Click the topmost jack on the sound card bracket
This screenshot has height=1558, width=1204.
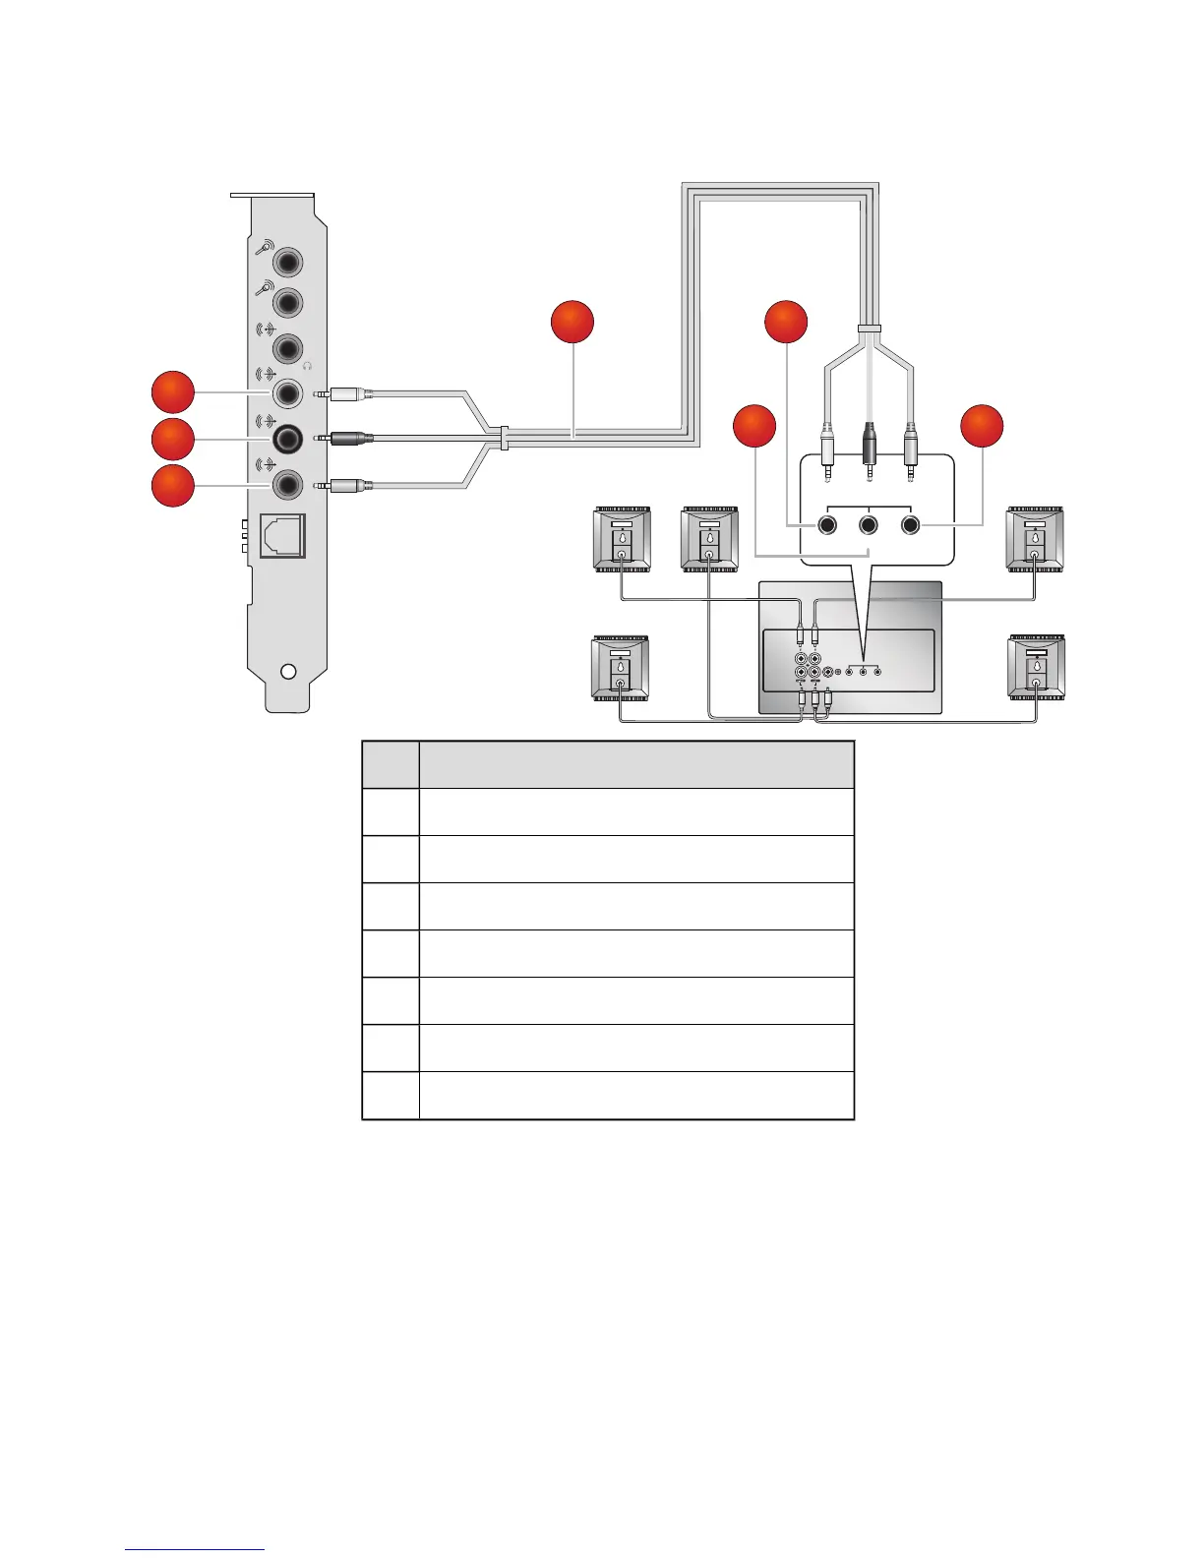[x=287, y=263]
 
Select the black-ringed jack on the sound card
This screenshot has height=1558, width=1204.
[x=287, y=438]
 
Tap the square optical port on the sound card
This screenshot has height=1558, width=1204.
[x=284, y=536]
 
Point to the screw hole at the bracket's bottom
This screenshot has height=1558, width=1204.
[x=288, y=672]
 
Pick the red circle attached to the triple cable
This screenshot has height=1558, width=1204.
[x=572, y=324]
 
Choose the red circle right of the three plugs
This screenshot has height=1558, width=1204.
[x=982, y=426]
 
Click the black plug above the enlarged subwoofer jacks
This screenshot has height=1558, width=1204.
[x=869, y=446]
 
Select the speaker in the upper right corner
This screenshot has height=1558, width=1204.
[x=1035, y=539]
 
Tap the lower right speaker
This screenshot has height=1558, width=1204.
[x=1036, y=668]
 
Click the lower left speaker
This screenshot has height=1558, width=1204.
[x=620, y=668]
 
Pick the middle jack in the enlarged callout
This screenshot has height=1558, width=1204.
[x=869, y=525]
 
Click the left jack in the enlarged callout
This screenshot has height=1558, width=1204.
[x=827, y=525]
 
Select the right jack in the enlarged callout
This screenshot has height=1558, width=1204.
[x=911, y=525]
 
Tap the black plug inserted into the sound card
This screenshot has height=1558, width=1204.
[x=350, y=438]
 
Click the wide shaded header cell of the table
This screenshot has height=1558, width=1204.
[x=636, y=764]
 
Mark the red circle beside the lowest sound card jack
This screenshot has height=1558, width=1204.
[x=172, y=486]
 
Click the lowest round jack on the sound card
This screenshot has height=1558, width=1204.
[x=287, y=485]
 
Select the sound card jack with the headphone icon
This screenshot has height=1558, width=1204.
[x=287, y=348]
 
